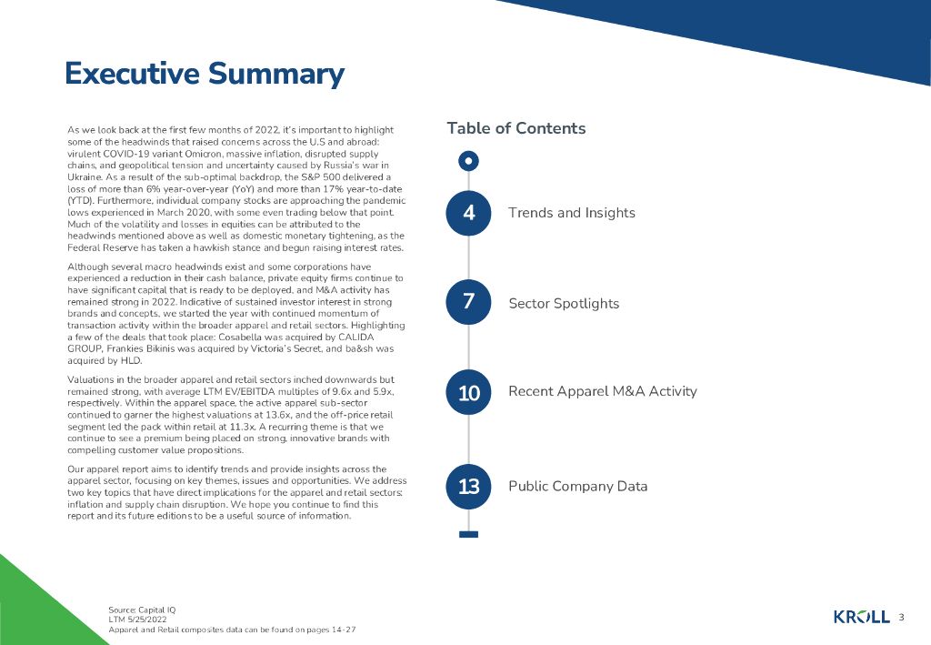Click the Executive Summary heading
tap(205, 75)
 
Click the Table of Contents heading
tap(516, 128)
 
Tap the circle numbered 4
tap(468, 213)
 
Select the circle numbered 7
tap(468, 303)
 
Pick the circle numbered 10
tap(468, 392)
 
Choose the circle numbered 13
tap(468, 487)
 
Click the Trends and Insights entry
tap(571, 213)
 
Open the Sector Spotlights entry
tap(563, 304)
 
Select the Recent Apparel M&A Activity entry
tap(602, 391)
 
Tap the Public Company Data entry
tap(577, 486)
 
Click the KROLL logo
tap(861, 618)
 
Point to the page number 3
tap(901, 618)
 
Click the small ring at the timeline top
tap(468, 161)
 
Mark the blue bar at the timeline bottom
tap(468, 534)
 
